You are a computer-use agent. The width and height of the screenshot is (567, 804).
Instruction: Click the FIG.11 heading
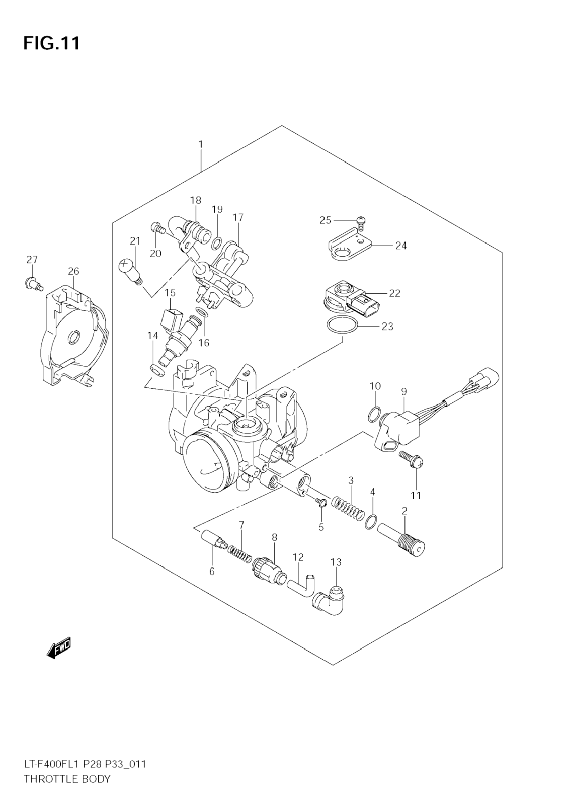[x=52, y=43]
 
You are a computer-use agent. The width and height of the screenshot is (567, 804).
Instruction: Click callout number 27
[x=32, y=259]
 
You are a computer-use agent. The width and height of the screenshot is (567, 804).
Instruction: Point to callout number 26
[x=74, y=271]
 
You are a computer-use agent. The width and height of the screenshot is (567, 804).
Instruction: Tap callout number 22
[x=394, y=293]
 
